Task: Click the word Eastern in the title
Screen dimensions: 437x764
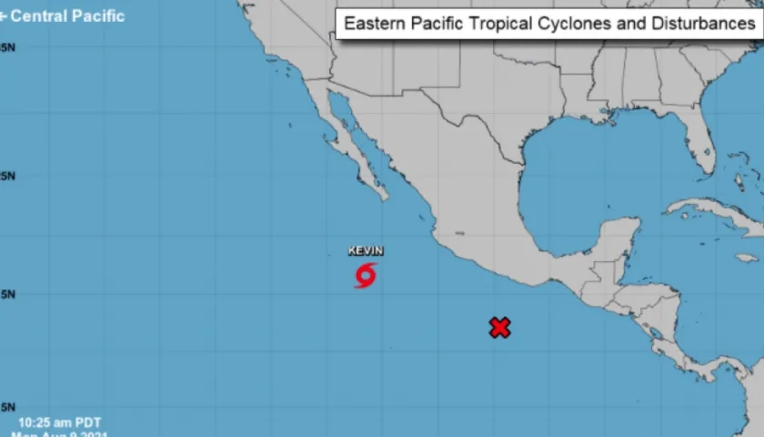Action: click(x=373, y=24)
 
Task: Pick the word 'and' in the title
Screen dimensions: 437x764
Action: click(x=628, y=24)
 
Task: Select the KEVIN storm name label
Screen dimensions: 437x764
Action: click(x=366, y=251)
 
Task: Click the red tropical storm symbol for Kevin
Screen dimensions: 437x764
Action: click(x=366, y=275)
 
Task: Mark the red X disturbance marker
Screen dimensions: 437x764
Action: click(x=499, y=328)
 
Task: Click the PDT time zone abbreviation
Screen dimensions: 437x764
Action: click(x=88, y=422)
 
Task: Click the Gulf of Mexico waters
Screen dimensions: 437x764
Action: click(x=582, y=173)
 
